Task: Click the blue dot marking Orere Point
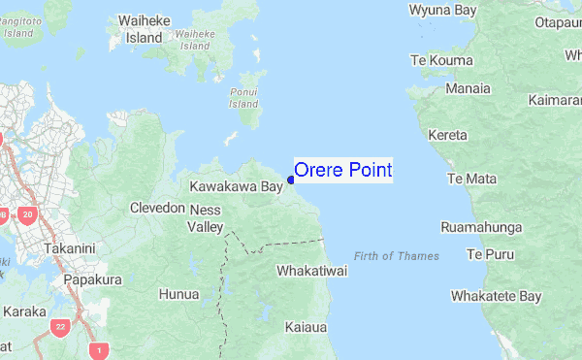coord(291,179)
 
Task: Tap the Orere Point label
coord(343,170)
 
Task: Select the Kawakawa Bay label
coord(236,186)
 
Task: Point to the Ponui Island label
coord(243,97)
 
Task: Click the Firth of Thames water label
coord(397,256)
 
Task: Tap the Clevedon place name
coord(157,208)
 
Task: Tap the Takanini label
coord(69,248)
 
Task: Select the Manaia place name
coord(468,88)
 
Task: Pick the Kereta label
coord(447,135)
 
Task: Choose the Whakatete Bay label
coord(496,296)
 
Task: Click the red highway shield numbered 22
coord(61,326)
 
